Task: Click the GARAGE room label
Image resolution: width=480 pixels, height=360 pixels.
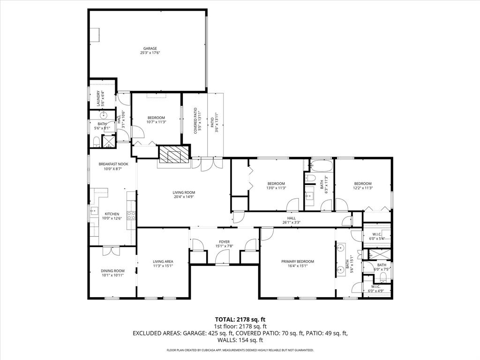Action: click(x=150, y=48)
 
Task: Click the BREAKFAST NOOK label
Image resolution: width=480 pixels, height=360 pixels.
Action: click(x=113, y=164)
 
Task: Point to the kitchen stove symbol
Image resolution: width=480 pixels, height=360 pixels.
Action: click(x=131, y=216)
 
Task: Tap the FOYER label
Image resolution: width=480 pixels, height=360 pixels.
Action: click(x=224, y=242)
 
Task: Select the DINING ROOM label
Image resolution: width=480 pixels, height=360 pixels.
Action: click(x=112, y=270)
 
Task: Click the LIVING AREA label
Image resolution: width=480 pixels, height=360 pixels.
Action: click(x=163, y=262)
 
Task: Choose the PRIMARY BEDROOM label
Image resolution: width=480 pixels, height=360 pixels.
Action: click(x=298, y=262)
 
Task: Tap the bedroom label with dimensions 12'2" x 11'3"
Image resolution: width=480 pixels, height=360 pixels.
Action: click(x=363, y=183)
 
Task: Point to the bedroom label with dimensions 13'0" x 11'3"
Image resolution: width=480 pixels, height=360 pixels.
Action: click(x=276, y=183)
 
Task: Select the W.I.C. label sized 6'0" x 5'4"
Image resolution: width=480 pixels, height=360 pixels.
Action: click(x=377, y=234)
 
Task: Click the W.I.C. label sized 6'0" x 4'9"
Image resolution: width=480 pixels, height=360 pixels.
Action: click(x=376, y=286)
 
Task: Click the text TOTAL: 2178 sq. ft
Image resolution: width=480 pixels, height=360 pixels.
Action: click(x=240, y=319)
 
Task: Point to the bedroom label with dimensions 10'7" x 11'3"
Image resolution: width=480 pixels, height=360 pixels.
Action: click(x=156, y=117)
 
